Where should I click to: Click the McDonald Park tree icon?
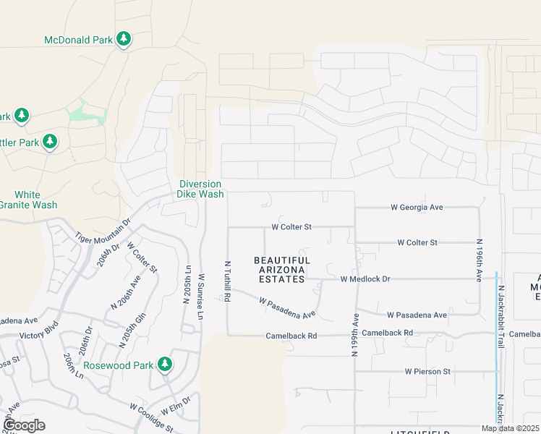click(x=124, y=39)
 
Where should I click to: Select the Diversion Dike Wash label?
click(x=201, y=189)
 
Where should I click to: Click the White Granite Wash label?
click(x=27, y=200)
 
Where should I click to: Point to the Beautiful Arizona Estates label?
click(x=282, y=265)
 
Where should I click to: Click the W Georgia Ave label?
click(x=417, y=207)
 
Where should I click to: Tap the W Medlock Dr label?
click(x=365, y=278)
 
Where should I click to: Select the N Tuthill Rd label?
click(x=227, y=281)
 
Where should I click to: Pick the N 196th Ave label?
click(x=479, y=260)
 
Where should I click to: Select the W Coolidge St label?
click(x=151, y=419)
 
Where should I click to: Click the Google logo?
click(x=23, y=425)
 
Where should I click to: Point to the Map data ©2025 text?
click(x=510, y=428)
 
